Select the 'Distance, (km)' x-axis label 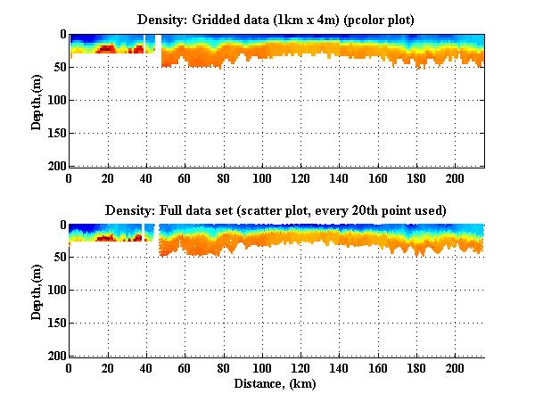pyautogui.click(x=276, y=385)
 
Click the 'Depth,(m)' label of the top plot pyautogui.click(x=37, y=100)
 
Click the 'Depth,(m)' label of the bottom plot pyautogui.click(x=37, y=291)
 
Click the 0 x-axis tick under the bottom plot pyautogui.click(x=69, y=368)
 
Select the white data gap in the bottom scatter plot pyautogui.click(x=151, y=234)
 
